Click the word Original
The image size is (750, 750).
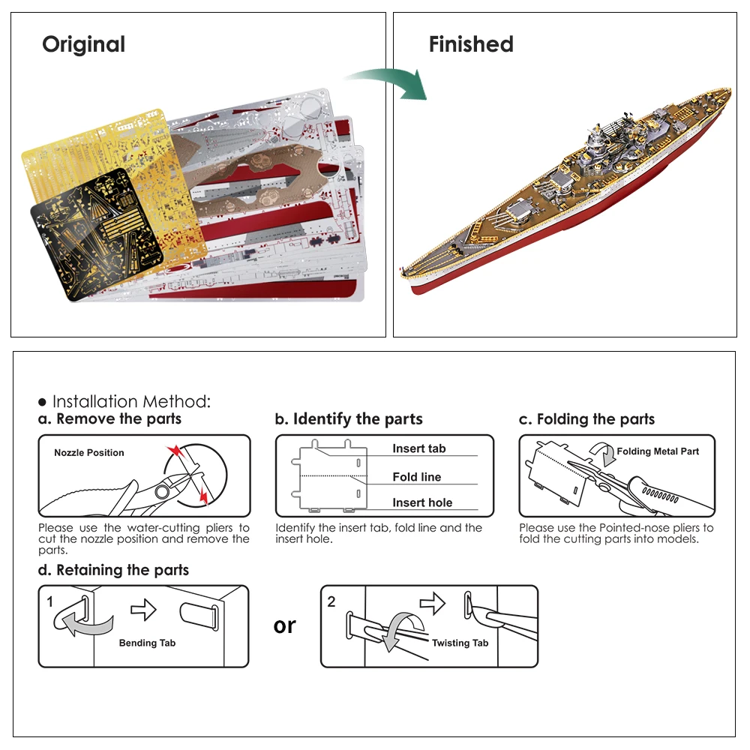(83, 45)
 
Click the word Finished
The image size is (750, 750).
(471, 45)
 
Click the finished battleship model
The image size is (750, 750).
(570, 195)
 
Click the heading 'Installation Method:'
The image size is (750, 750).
(131, 401)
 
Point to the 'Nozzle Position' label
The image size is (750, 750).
(89, 453)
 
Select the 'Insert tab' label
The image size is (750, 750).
(418, 448)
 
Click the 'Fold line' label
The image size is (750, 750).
(416, 477)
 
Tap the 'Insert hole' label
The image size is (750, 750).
(422, 503)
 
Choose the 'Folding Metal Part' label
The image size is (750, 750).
(658, 451)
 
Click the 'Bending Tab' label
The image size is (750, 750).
(147, 643)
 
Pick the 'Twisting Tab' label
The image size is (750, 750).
(460, 643)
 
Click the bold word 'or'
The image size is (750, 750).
(285, 625)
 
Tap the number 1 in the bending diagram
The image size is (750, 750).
(49, 601)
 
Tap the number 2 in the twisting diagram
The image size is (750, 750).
(331, 601)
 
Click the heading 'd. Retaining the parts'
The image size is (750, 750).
(113, 571)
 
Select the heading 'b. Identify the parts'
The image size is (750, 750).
(349, 419)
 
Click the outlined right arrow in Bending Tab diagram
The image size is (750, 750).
(142, 610)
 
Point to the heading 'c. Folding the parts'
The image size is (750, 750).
(586, 419)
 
